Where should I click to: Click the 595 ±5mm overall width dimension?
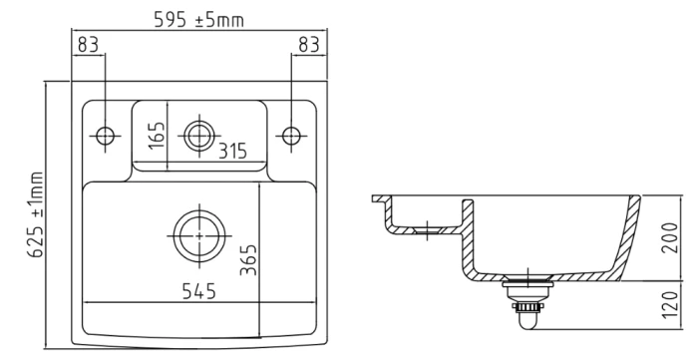(x=199, y=20)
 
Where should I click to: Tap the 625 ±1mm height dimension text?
(x=37, y=214)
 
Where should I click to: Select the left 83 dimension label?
(x=88, y=45)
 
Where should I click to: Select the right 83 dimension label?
(x=309, y=45)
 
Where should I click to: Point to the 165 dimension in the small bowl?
(x=157, y=136)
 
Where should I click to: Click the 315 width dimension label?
(x=232, y=152)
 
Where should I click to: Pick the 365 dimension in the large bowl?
(x=248, y=259)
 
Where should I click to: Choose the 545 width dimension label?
(x=199, y=291)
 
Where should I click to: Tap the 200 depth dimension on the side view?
(x=670, y=237)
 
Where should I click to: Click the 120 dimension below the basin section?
(x=670, y=305)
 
